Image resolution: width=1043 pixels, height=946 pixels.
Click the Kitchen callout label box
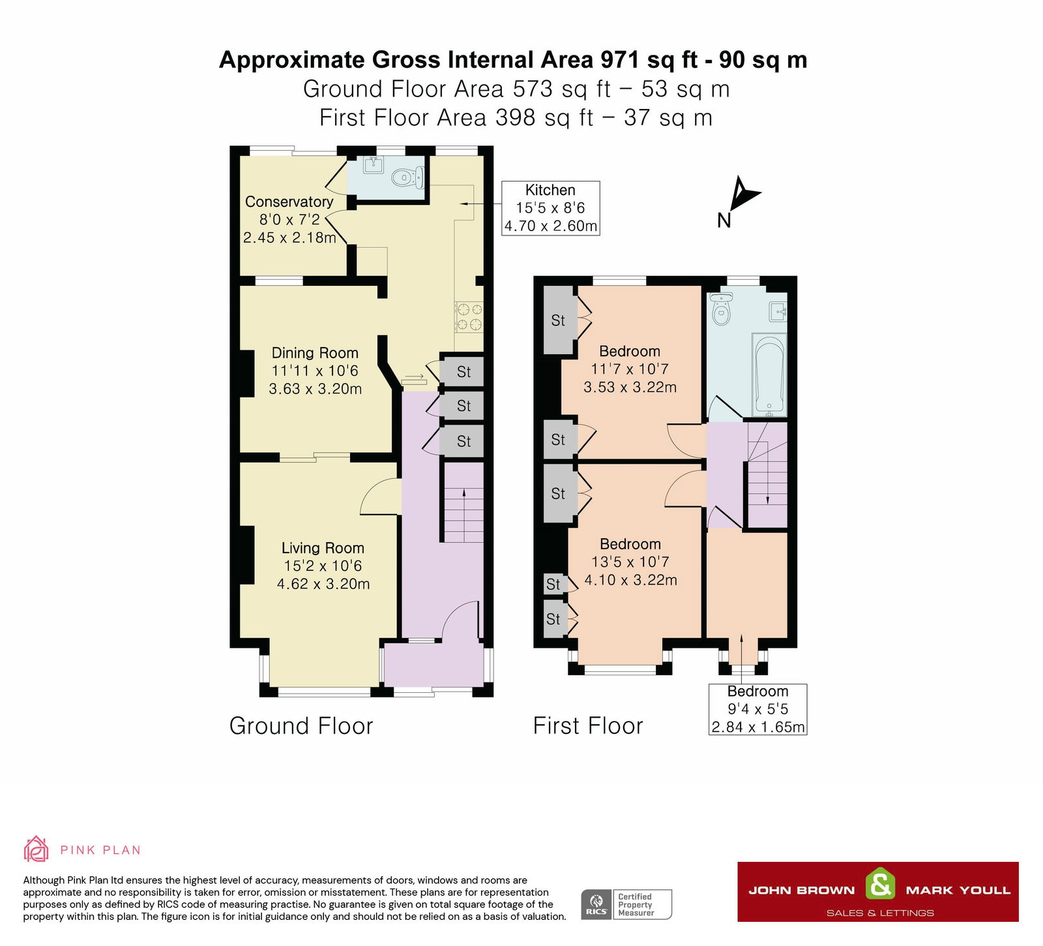tap(550, 208)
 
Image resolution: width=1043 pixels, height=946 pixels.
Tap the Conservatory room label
tap(289, 202)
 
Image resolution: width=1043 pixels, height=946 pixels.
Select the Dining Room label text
tap(315, 353)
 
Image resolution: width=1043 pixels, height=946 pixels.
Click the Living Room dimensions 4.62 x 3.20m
tap(323, 584)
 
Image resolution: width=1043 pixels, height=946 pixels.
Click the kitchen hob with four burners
tap(469, 316)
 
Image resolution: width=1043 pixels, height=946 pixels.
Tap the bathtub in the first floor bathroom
tap(769, 375)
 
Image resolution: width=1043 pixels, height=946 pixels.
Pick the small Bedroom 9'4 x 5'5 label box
tap(757, 709)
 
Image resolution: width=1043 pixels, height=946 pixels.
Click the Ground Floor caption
tap(301, 725)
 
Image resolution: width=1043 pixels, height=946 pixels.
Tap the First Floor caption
tap(588, 725)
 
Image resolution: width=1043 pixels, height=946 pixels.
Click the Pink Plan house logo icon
tap(36, 849)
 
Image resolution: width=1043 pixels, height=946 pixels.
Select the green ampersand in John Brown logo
tap(879, 885)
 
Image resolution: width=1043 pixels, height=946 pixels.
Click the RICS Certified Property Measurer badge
tap(626, 904)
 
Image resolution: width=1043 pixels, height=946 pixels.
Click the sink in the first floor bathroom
tap(778, 311)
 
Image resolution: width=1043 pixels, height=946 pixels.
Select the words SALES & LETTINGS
tap(879, 913)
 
